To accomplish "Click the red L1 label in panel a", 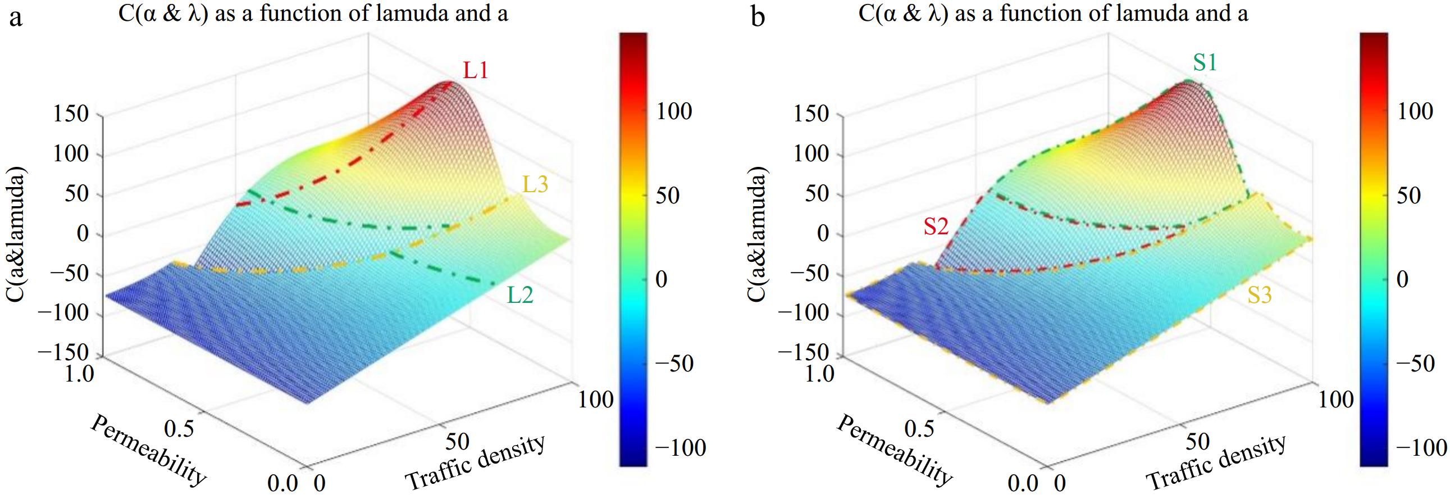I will click(x=476, y=70).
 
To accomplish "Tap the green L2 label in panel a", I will click(x=519, y=294).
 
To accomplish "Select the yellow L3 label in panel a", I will click(x=535, y=185).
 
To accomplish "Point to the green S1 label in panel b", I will click(x=1205, y=62).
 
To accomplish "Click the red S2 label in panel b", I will click(x=936, y=226).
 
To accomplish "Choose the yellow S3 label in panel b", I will click(x=1260, y=294).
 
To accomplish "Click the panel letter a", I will click(x=16, y=17).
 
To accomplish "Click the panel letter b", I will click(x=758, y=17).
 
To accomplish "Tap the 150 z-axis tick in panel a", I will click(x=70, y=114).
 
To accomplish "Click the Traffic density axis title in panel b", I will click(x=1216, y=462).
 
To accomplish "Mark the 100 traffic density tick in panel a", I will click(x=595, y=400).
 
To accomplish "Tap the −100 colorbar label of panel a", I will click(x=680, y=448).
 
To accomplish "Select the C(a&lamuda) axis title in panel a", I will click(x=16, y=234).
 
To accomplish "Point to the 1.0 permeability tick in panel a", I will click(x=79, y=373).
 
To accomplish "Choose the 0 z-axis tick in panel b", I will click(x=823, y=234).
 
